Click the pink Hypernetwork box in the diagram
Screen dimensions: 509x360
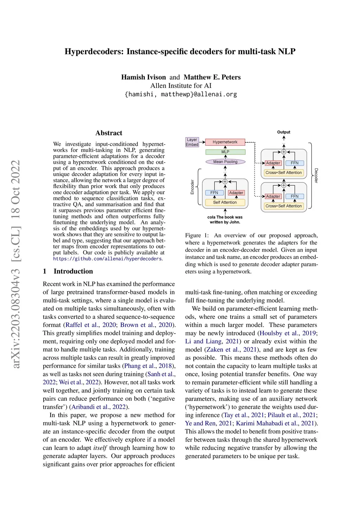tap(225, 142)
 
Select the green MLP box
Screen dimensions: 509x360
tap(225, 152)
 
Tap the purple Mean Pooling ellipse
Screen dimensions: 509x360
tap(225, 162)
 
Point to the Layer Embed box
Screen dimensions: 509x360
tap(192, 142)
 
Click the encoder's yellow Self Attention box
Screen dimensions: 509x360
tap(225, 202)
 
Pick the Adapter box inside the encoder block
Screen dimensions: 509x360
tap(236, 193)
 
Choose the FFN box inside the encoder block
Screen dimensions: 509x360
tap(214, 193)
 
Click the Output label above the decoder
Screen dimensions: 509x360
tap(284, 132)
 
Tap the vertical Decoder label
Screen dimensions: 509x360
tap(316, 175)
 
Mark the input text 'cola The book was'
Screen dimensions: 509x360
tap(225, 217)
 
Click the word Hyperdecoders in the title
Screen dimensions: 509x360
tap(94, 52)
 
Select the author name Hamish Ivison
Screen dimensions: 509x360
tap(143, 77)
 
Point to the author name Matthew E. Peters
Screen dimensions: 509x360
tap(212, 77)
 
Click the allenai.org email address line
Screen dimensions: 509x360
tap(181, 94)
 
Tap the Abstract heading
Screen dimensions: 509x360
tap(109, 133)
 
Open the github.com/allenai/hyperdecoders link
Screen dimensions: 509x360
tap(108, 259)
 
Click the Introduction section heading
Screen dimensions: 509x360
tap(73, 271)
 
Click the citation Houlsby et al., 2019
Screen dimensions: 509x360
tap(288, 333)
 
